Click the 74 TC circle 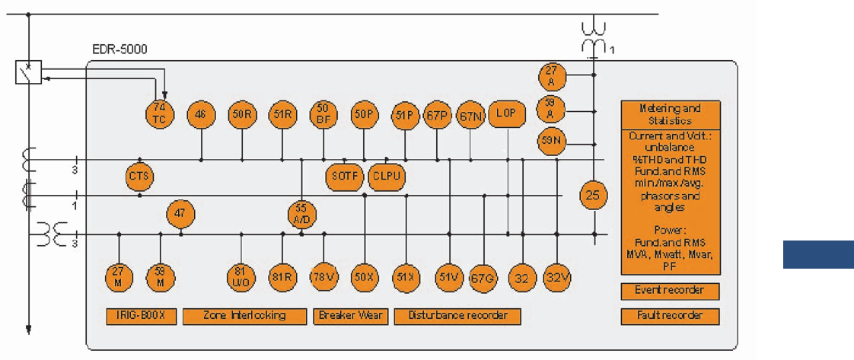(161, 113)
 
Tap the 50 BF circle (323, 114)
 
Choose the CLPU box (386, 177)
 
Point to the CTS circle (140, 177)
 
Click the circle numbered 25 (592, 196)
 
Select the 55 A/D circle (302, 212)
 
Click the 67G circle (483, 279)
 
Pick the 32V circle (557, 278)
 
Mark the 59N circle (551, 141)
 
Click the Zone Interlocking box (244, 315)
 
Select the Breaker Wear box (351, 315)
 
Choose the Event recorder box (670, 290)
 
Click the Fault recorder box (670, 315)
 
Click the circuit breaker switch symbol (28, 72)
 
